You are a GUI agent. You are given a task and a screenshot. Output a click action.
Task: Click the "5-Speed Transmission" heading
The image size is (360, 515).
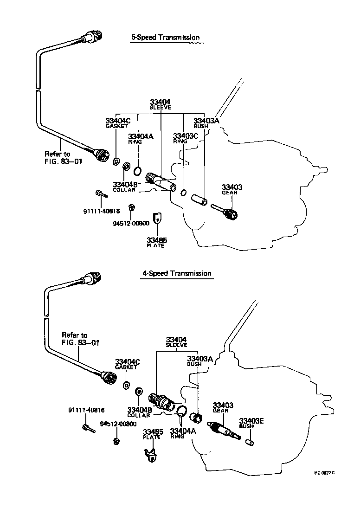pos(165,37)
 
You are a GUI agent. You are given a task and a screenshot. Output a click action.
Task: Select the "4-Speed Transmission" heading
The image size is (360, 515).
pos(176,273)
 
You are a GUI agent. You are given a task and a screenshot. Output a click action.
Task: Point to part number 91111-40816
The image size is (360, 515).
pos(86,410)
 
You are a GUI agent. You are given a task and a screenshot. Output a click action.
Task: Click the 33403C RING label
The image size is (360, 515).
pos(185,138)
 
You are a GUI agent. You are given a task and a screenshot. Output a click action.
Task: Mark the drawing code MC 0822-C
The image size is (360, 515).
pos(324,474)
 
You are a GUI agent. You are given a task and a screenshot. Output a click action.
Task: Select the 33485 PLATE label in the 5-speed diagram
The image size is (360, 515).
pos(157,242)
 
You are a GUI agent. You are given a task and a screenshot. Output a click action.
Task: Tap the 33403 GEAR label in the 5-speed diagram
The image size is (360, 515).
pos(232,190)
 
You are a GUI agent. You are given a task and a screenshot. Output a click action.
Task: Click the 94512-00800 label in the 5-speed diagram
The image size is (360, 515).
pos(131,223)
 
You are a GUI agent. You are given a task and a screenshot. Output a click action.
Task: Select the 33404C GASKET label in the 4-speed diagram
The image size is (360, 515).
pos(127,364)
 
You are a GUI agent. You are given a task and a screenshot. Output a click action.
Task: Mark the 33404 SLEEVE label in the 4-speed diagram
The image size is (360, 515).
pos(176,342)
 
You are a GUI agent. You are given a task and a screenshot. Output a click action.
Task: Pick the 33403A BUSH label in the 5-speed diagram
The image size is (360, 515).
pos(206,123)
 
